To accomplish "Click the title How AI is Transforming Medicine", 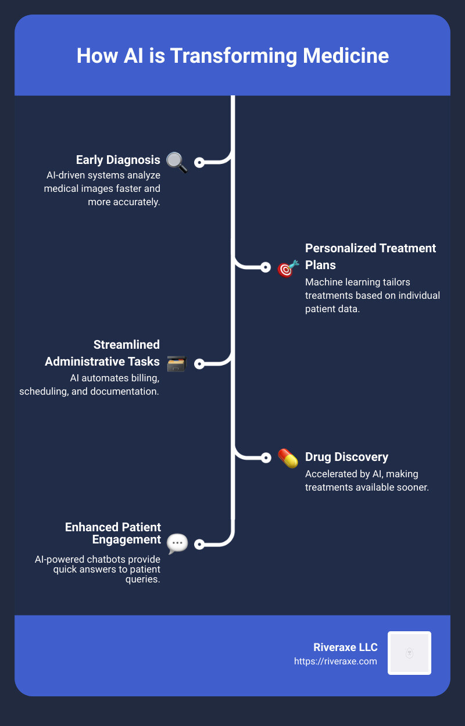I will pos(233,56).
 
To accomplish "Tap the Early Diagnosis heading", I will pos(118,160).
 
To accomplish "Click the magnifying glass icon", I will pos(177,163).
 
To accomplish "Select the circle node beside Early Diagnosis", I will pos(199,163).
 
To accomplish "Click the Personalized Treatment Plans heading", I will pos(370,256).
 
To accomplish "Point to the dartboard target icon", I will pos(287,268).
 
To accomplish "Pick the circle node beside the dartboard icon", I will pos(266,267).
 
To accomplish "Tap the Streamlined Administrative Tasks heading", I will pos(102,353).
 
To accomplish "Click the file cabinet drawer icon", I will pos(176,363).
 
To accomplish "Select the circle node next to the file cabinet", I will pos(199,364).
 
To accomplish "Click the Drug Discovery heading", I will pos(346,457).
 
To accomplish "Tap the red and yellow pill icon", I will pos(288,458).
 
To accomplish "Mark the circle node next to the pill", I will pos(266,457).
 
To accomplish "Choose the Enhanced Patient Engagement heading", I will pos(113,533).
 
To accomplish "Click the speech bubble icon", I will pos(177,543).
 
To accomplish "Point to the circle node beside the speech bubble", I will pos(199,544).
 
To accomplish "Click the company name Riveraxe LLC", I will pos(345,648).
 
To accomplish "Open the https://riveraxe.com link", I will pos(335,661).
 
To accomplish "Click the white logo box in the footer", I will pos(409,653).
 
